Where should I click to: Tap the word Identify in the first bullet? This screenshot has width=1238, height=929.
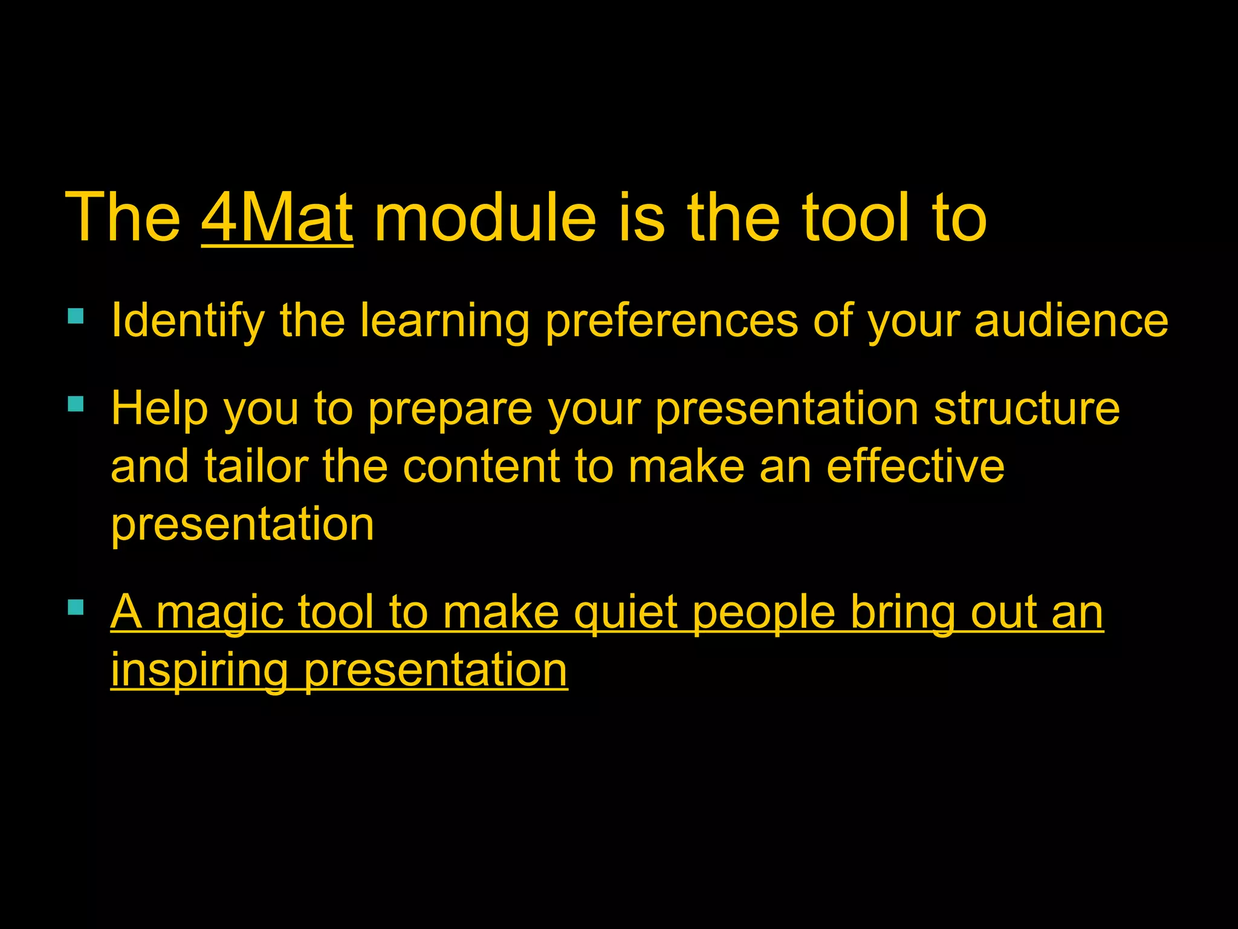coord(188,321)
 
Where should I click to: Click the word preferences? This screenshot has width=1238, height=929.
coord(671,321)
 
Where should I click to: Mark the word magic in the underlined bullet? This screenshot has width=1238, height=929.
coord(220,614)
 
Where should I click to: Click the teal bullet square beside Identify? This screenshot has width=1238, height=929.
coord(76,316)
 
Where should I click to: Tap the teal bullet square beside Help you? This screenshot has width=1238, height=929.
coord(76,403)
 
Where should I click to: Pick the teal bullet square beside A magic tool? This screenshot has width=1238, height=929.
coord(76,607)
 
